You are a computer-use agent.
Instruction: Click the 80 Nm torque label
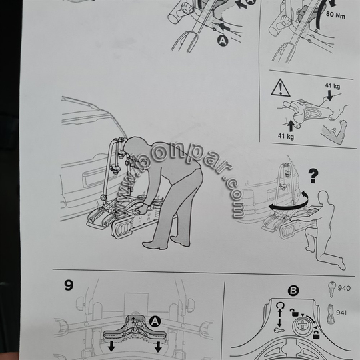point(335,15)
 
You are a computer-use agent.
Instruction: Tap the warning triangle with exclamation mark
point(281,88)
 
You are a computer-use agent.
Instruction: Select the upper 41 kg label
point(333,86)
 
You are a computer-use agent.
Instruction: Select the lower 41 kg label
point(286,136)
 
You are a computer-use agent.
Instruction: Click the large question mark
point(313,176)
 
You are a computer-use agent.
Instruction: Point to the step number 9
point(69,285)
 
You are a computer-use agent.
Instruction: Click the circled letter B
point(293,291)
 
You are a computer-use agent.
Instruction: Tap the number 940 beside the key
point(344,288)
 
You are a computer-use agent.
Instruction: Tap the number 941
point(341,313)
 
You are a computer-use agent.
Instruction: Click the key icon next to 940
point(331,289)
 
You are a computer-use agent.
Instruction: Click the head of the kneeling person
point(324,197)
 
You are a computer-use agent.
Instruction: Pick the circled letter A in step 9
point(155,321)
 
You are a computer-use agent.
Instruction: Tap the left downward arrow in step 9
point(111,346)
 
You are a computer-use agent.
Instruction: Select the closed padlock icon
point(316,335)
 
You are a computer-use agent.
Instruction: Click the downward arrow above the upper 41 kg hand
point(329,95)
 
